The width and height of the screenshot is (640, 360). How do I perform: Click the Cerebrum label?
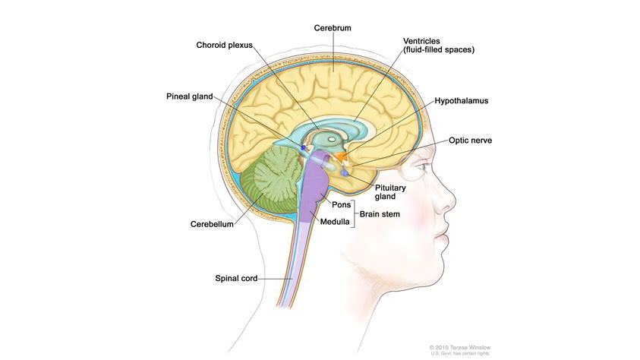click(333, 28)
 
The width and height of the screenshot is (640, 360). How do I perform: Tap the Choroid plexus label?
click(224, 46)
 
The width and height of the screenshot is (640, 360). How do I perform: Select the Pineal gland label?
click(189, 96)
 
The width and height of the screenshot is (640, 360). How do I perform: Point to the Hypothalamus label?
click(462, 101)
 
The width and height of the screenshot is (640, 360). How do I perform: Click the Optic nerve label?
click(470, 141)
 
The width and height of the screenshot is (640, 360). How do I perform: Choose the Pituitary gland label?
click(390, 192)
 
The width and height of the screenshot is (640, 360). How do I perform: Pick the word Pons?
click(341, 204)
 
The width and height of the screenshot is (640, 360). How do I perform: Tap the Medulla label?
click(335, 222)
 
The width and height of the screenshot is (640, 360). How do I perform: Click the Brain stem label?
click(380, 214)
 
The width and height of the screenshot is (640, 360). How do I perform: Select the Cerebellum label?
click(212, 224)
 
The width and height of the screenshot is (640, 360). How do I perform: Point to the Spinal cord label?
click(236, 279)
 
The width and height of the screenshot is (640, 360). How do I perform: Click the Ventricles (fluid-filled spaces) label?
click(439, 46)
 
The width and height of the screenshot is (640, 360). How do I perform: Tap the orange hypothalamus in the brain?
click(341, 156)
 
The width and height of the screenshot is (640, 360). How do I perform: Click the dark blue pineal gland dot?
click(303, 147)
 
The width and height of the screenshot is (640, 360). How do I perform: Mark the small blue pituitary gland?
click(345, 173)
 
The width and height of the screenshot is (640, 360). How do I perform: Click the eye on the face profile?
click(423, 167)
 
